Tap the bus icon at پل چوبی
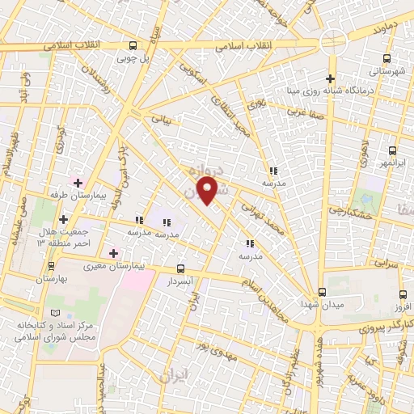tap(133, 46)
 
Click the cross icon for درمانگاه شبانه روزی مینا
tap(329, 78)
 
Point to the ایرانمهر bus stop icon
tap(392, 150)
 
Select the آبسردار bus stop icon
tap(180, 269)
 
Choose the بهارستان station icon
tap(35, 265)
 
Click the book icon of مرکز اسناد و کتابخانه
tap(55, 313)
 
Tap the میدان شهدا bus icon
tap(322, 291)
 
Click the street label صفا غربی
tap(311, 116)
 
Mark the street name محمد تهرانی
tap(264, 216)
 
